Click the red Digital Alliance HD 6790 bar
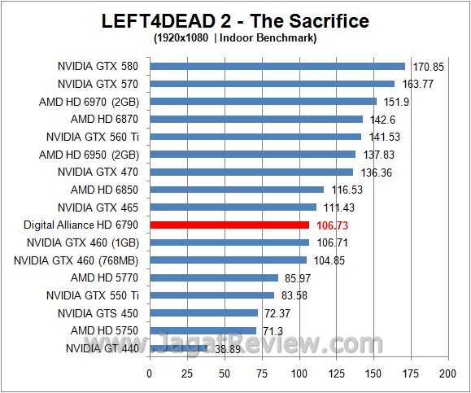coord(229,225)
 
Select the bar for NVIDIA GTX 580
coord(277,66)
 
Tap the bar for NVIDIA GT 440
coord(178,348)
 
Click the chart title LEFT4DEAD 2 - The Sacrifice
coord(234,21)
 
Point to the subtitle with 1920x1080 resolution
coord(234,37)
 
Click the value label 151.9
coord(393,102)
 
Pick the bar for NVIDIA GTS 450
coord(203,313)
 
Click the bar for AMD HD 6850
coord(236,190)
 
